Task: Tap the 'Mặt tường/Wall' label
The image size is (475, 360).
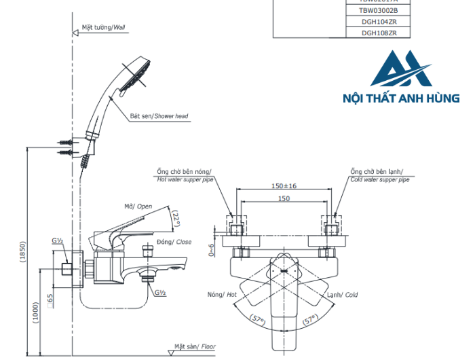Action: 104,28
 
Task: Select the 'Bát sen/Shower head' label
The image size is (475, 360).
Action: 159,116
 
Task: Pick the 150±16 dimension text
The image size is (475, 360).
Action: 284,185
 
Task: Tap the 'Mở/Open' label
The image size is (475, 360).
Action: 138,206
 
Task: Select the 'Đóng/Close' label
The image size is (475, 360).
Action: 174,242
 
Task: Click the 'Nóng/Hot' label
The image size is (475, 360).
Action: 222,295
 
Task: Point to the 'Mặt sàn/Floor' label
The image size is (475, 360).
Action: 194,346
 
